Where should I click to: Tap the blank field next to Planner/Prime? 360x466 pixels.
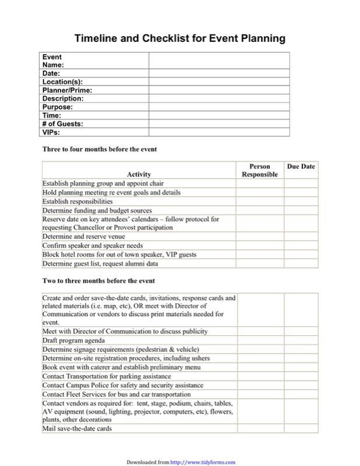pyautogui.click(x=219, y=90)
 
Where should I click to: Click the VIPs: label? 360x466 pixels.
pyautogui.click(x=51, y=132)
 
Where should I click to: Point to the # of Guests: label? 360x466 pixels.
pyautogui.click(x=62, y=124)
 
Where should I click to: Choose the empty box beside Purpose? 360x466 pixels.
pyautogui.click(x=219, y=107)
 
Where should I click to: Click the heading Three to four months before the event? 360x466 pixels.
pyautogui.click(x=100, y=150)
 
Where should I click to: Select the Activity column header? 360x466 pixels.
pyautogui.click(x=139, y=174)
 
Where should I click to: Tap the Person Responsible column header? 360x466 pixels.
pyautogui.click(x=259, y=171)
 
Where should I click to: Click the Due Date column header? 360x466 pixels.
pyautogui.click(x=301, y=167)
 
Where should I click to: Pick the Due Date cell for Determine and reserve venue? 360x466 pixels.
pyautogui.click(x=301, y=237)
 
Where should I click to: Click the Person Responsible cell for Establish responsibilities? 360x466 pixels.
pyautogui.click(x=259, y=202)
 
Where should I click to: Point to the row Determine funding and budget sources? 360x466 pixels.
pyautogui.click(x=97, y=210)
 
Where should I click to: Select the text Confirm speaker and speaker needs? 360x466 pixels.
pyautogui.click(x=93, y=246)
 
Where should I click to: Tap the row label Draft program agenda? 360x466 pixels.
pyautogui.click(x=74, y=340)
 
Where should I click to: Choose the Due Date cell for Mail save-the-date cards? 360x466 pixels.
pyautogui.click(x=301, y=429)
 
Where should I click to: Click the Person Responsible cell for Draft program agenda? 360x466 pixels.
pyautogui.click(x=259, y=340)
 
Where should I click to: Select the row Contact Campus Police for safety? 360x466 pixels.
pyautogui.click(x=123, y=385)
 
